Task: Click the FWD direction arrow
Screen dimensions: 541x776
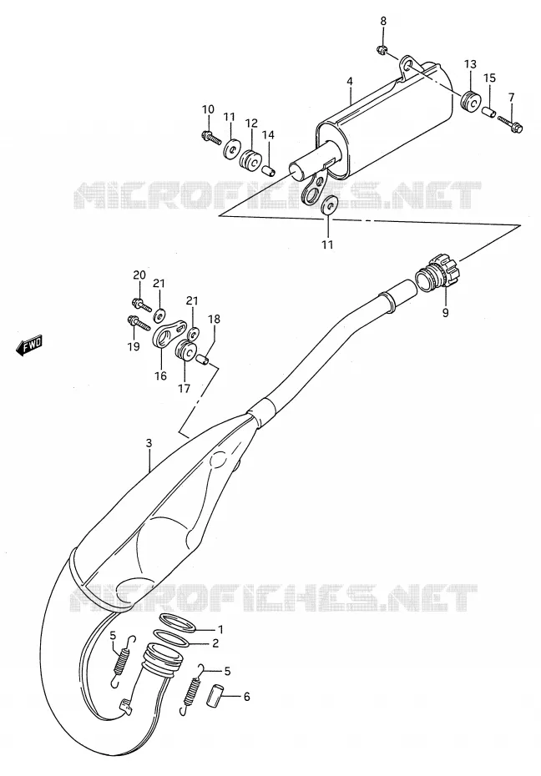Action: [29, 345]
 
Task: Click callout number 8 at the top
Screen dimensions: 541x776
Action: [383, 21]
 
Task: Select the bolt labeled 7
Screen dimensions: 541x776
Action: [508, 123]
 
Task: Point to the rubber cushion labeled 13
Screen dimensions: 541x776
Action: [470, 101]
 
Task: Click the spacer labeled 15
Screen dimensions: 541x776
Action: [488, 111]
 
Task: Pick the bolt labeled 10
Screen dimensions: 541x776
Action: [211, 136]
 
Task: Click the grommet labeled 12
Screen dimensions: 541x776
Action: [251, 159]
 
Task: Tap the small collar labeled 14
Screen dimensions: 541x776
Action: [268, 171]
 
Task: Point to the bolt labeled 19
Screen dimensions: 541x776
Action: [139, 323]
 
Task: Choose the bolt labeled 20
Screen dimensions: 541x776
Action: [142, 305]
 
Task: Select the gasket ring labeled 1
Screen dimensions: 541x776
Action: [178, 623]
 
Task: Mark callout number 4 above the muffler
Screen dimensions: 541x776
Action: [350, 81]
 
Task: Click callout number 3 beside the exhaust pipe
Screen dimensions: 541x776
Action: [149, 445]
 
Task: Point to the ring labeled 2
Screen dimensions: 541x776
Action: [171, 639]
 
